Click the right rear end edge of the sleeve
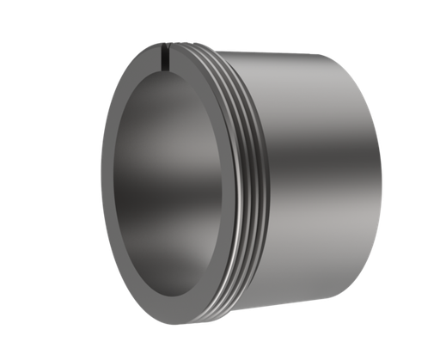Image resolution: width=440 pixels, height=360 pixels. [377, 172]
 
